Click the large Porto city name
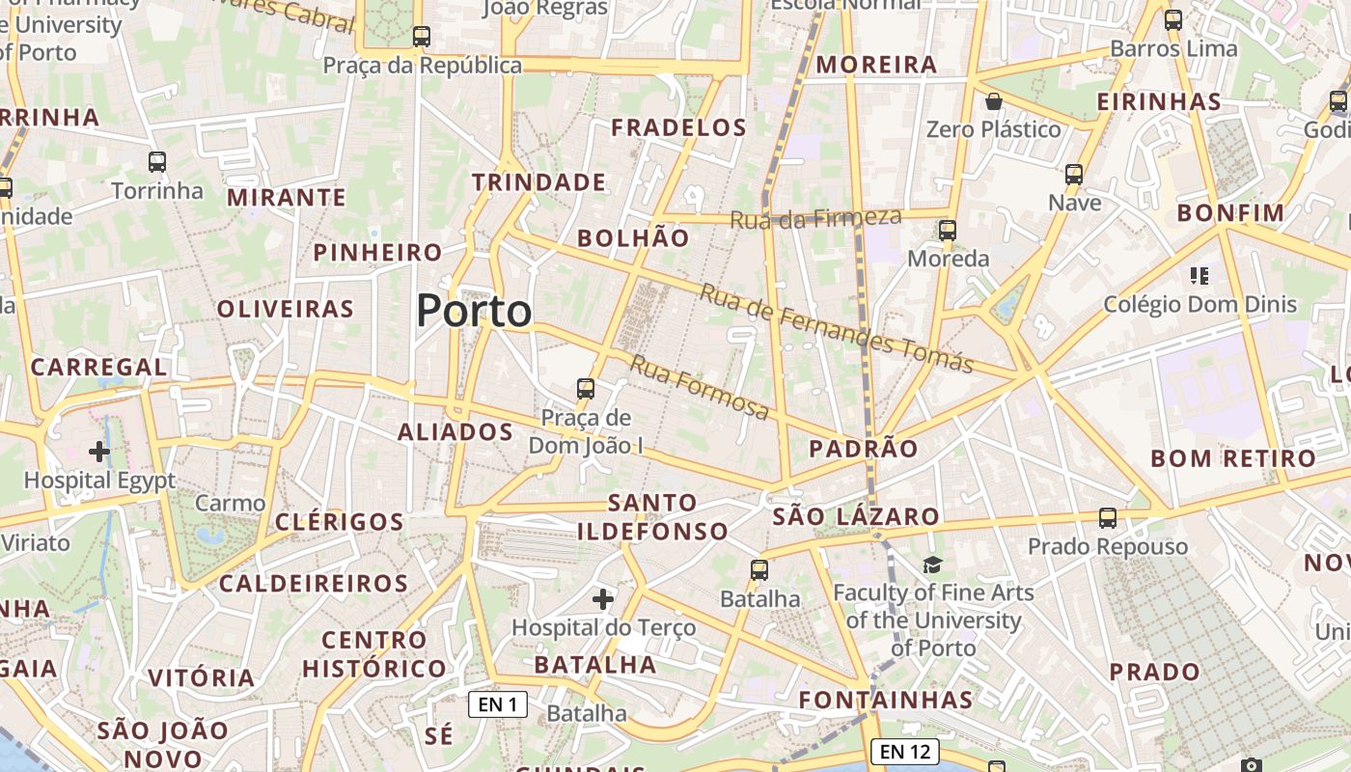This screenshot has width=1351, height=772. (474, 311)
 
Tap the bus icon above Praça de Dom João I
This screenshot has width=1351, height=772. (586, 389)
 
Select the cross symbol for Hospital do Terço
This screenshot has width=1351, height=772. (603, 599)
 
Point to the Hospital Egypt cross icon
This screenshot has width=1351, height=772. (99, 451)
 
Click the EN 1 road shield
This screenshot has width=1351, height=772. (498, 704)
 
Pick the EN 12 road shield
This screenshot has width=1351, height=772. (904, 751)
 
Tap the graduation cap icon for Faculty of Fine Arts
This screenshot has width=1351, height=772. (932, 565)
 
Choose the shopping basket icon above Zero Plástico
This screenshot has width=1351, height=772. (993, 101)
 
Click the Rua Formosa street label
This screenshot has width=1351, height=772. (700, 387)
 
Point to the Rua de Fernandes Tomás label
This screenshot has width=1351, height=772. (836, 328)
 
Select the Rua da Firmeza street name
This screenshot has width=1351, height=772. (815, 219)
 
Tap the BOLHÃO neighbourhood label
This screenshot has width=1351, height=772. (633, 238)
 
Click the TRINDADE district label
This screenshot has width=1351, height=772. (538, 182)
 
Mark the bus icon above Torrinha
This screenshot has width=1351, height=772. (157, 162)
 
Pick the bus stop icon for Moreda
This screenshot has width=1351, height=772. (948, 231)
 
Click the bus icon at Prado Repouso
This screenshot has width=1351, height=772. (1108, 518)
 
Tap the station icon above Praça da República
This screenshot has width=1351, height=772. (421, 37)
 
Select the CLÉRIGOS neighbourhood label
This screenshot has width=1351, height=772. (340, 522)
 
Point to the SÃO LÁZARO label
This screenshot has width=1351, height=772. (856, 516)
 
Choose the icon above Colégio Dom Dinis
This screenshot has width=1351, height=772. (1199, 277)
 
